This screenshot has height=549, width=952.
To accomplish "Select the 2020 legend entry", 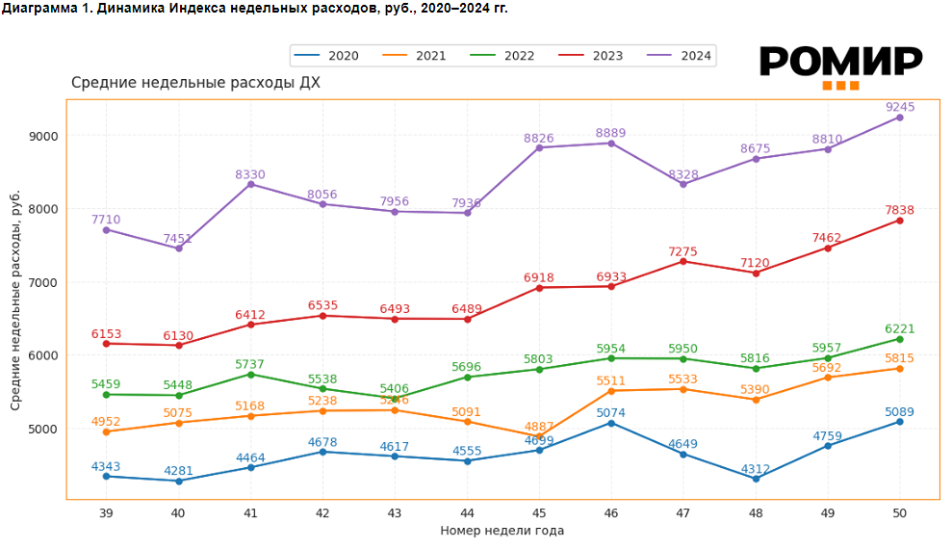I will [327, 56].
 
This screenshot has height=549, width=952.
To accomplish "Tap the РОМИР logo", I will [840, 65].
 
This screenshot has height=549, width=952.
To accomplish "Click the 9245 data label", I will [899, 108].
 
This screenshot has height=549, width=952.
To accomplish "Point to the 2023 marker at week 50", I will [900, 221].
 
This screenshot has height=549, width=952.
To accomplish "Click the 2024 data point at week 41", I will [250, 184].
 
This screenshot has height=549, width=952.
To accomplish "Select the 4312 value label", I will [756, 470].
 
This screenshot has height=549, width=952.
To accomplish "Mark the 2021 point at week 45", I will [539, 435].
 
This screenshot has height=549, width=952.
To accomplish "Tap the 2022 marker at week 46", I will [611, 358].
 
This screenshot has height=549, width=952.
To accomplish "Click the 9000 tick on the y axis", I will [45, 136].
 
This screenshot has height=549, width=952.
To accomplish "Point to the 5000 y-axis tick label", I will [45, 429].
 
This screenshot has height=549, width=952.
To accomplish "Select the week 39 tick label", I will [106, 514].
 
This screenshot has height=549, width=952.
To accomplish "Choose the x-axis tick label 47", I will [683, 514].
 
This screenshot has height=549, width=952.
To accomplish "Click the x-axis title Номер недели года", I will [502, 531].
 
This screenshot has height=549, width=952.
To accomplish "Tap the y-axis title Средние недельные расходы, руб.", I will [15, 300].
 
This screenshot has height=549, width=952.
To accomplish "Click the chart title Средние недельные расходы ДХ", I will [195, 83].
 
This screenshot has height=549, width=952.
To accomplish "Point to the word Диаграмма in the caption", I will [40, 8].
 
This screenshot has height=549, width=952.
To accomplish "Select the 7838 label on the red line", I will [899, 210].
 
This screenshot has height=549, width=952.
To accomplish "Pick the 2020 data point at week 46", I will [611, 423].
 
